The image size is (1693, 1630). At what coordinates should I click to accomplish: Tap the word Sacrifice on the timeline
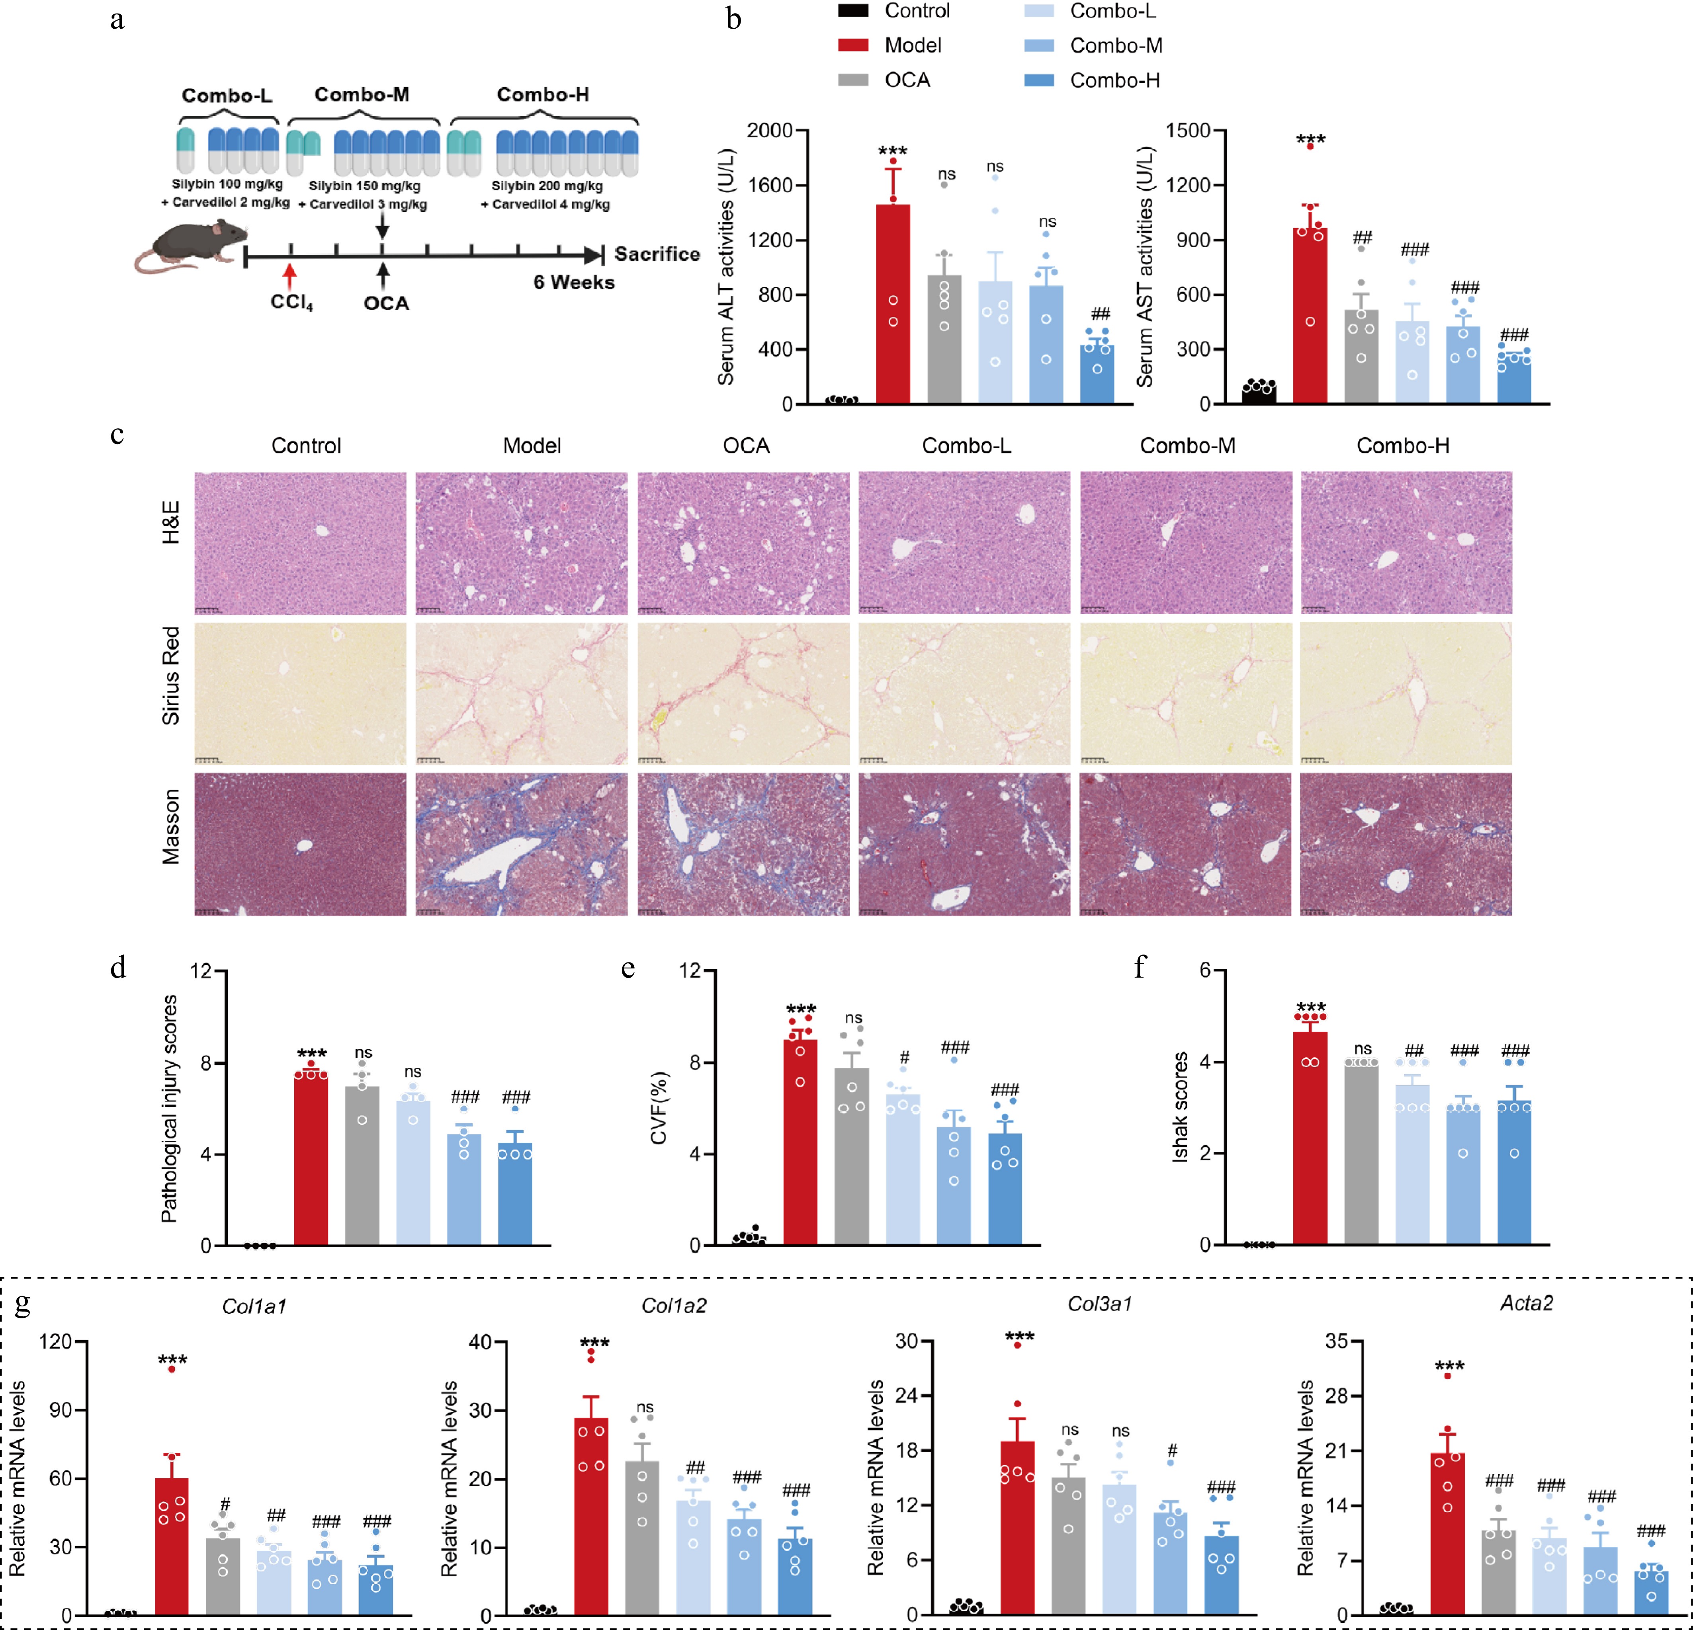657,254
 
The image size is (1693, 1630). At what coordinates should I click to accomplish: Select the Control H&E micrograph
300,543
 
